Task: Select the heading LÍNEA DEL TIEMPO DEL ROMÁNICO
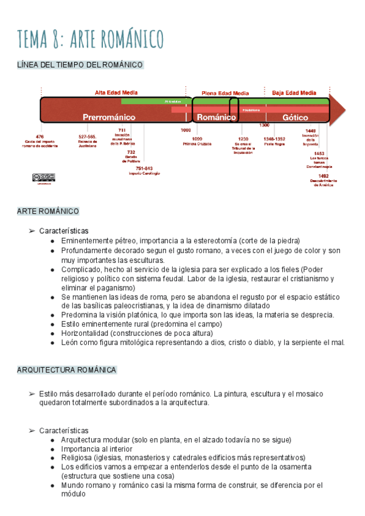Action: click(80, 64)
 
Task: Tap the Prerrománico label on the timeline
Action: click(109, 116)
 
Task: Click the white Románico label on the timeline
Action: click(217, 116)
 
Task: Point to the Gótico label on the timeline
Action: click(296, 116)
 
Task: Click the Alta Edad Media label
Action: click(116, 92)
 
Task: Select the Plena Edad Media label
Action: click(225, 93)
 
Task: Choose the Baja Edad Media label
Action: click(294, 92)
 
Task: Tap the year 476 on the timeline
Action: click(40, 137)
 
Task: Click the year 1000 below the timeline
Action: click(186, 130)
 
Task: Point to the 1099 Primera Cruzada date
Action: click(196, 139)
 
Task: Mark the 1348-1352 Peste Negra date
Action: click(274, 139)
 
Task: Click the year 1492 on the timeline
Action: click(323, 176)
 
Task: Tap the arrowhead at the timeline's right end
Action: click(338, 110)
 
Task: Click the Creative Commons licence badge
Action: click(44, 177)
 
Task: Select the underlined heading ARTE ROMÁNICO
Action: click(48, 211)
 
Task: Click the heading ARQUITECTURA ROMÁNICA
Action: click(66, 370)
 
